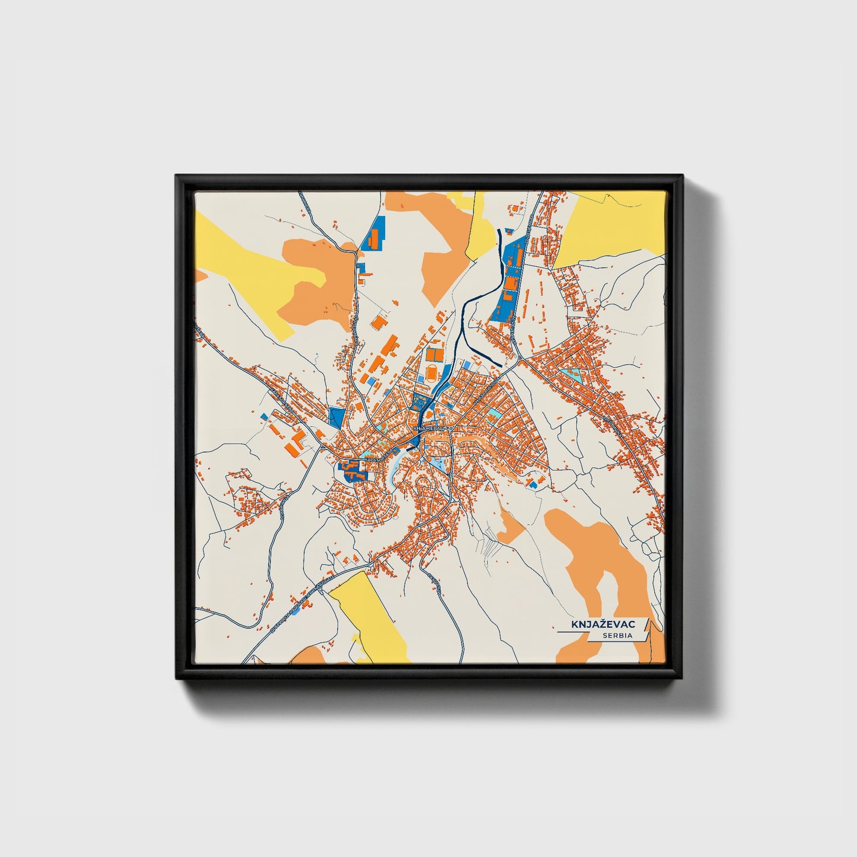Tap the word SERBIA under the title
617,635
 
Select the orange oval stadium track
431,373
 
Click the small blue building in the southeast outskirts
532,485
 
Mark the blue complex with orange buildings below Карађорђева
351,471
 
